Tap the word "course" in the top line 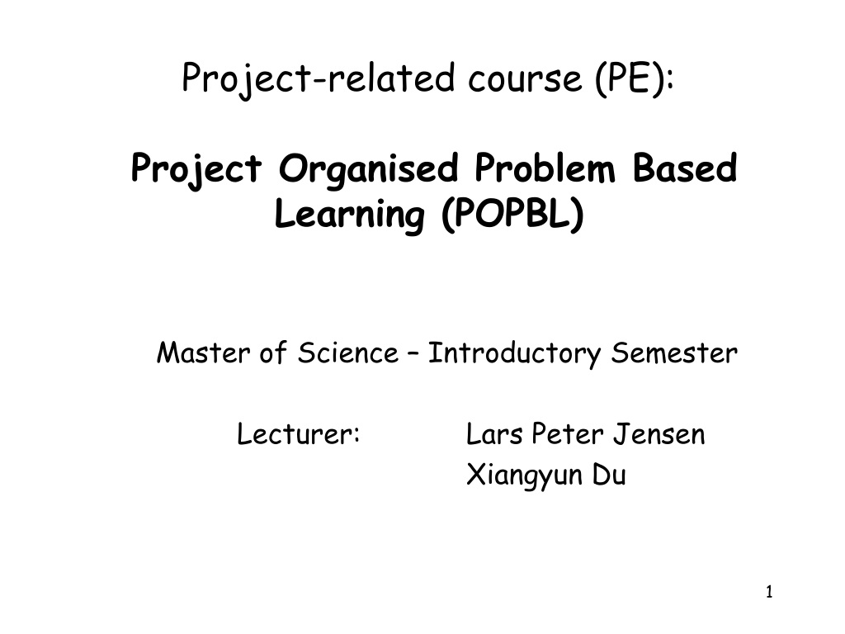(x=525, y=79)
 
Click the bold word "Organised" (x=368, y=169)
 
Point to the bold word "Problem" (x=545, y=168)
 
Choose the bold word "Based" (x=684, y=168)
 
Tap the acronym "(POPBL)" (x=512, y=214)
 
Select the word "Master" (x=203, y=353)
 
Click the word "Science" (x=348, y=353)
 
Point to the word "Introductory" (x=514, y=354)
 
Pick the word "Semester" (x=674, y=353)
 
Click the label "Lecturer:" (x=298, y=434)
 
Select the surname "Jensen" (x=659, y=434)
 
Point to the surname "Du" (x=609, y=475)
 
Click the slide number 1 (x=769, y=592)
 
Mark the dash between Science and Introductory (x=413, y=354)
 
